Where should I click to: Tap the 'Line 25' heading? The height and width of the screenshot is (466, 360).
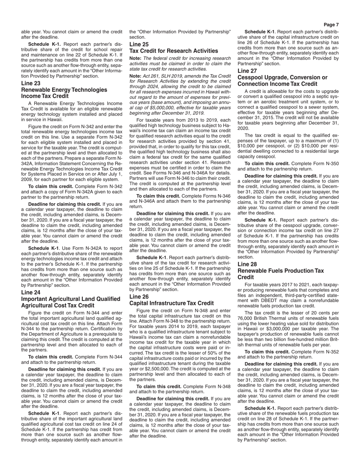[139, 44]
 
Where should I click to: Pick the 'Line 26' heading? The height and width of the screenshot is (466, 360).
[139, 297]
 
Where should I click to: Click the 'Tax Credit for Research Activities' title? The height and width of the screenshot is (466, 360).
[174, 51]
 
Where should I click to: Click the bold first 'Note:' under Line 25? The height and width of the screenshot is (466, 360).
[135, 58]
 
